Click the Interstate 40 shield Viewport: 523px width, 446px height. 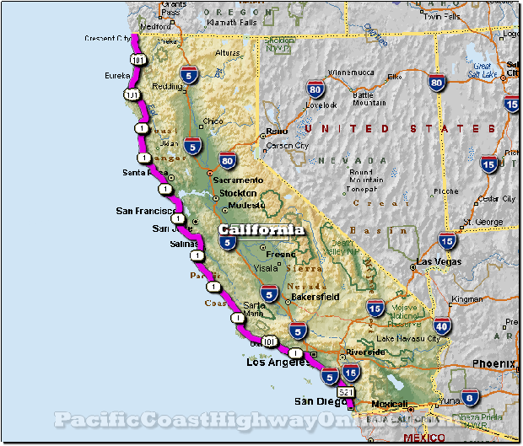click(x=440, y=325)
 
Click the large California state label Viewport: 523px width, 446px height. click(x=261, y=229)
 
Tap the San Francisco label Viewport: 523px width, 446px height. click(x=144, y=211)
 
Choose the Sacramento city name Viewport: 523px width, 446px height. click(x=237, y=180)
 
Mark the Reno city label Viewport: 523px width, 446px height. click(x=276, y=132)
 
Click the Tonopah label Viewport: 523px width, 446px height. click(x=363, y=189)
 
